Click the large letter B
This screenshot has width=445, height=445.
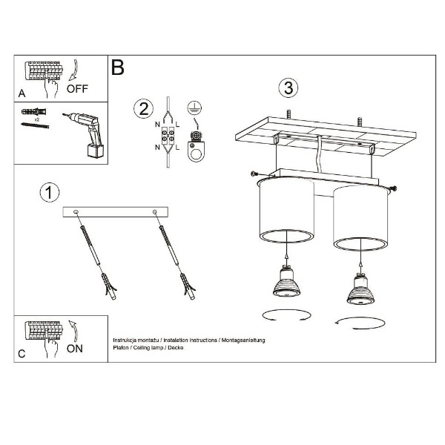pyautogui.click(x=117, y=68)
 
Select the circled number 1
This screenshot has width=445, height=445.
pyautogui.click(x=48, y=194)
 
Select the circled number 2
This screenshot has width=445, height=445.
pyautogui.click(x=143, y=109)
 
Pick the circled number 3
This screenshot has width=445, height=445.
pyautogui.click(x=290, y=88)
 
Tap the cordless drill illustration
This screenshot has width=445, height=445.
pyautogui.click(x=87, y=133)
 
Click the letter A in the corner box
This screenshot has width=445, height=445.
pyautogui.click(x=22, y=94)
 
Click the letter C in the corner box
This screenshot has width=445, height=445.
pyautogui.click(x=22, y=354)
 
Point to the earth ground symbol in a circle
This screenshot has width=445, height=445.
pyautogui.click(x=195, y=107)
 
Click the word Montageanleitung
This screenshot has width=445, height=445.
pyautogui.click(x=242, y=339)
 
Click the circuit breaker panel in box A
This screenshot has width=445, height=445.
pyautogui.click(x=44, y=72)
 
